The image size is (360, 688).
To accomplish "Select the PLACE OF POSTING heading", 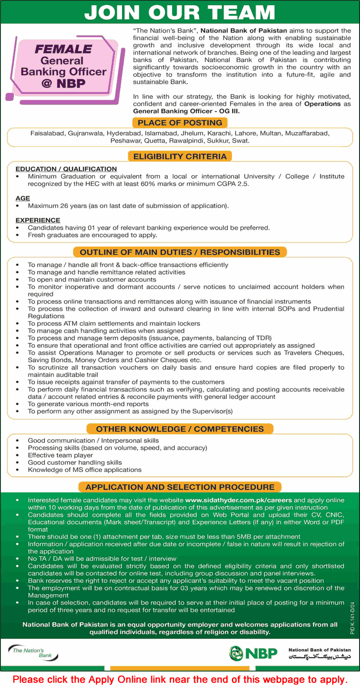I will (180, 122).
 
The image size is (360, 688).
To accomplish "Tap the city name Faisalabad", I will (47, 133).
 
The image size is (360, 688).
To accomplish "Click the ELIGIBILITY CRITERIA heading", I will (180, 156).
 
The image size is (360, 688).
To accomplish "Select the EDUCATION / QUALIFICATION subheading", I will (66, 169).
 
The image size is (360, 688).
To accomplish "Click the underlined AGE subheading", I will (23, 198).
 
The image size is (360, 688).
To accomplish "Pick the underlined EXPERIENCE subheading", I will (38, 220).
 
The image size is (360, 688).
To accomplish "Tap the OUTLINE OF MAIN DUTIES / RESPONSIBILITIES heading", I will (180, 252).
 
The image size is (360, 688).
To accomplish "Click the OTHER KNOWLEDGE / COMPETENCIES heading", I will (180, 429).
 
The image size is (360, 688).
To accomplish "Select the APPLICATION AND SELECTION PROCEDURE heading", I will (180, 487).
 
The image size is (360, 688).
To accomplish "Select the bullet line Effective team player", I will (61, 455).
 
